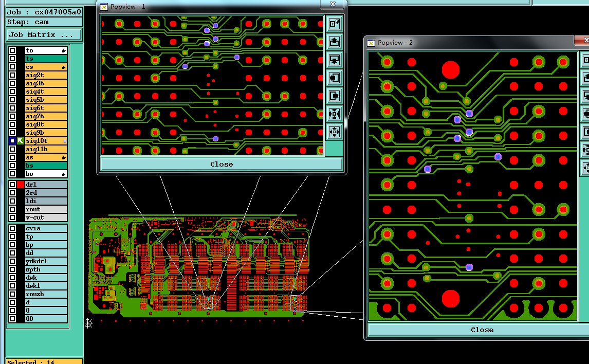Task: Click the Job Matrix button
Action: click(44, 35)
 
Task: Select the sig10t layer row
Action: click(46, 141)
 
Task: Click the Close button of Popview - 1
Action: click(222, 165)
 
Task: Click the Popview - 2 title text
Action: click(395, 43)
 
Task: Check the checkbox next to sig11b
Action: click(12, 149)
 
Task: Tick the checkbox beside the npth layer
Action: click(12, 269)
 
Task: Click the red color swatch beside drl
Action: click(21, 185)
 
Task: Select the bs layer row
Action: click(46, 166)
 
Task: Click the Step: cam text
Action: click(28, 22)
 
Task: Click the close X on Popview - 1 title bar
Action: click(333, 4)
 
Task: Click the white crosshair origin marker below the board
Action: click(88, 322)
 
